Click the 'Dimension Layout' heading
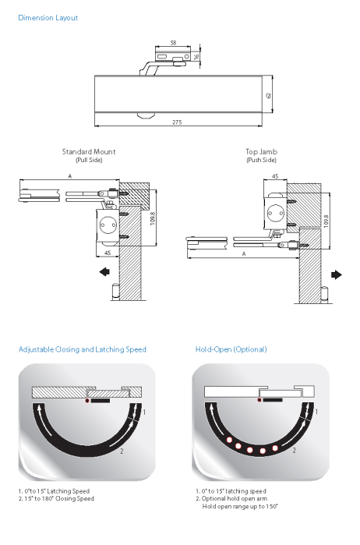(x=48, y=18)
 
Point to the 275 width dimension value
(x=177, y=122)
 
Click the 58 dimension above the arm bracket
(x=173, y=43)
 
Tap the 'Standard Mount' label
(x=89, y=151)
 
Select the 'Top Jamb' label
(x=261, y=151)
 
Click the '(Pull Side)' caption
(x=89, y=161)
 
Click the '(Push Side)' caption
(x=261, y=161)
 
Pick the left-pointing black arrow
(x=104, y=271)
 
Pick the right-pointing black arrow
(x=337, y=275)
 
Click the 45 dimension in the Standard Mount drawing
(x=108, y=253)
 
